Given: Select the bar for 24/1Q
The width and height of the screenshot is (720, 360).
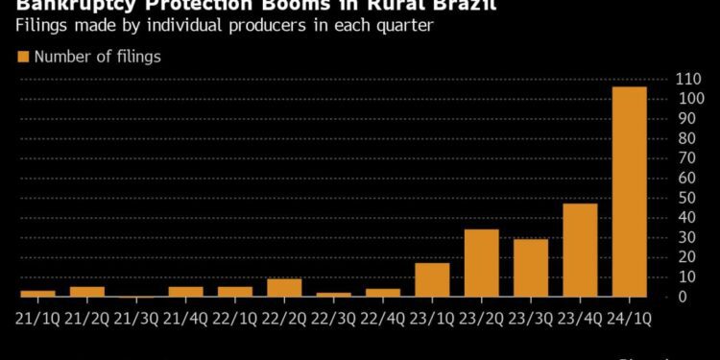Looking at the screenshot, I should (x=629, y=192).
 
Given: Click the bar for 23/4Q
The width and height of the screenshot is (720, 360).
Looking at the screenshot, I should (x=580, y=251).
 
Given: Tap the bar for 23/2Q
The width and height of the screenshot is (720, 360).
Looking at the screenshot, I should (x=481, y=263).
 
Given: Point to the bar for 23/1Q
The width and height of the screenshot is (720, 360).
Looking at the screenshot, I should (x=432, y=279).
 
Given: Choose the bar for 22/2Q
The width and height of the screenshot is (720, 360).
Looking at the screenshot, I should (x=284, y=288).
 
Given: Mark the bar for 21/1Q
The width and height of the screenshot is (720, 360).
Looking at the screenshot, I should (x=37, y=293).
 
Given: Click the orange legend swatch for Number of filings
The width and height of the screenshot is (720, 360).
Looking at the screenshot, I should (x=24, y=58).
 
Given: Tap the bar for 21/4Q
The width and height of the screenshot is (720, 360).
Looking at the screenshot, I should (x=186, y=292).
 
